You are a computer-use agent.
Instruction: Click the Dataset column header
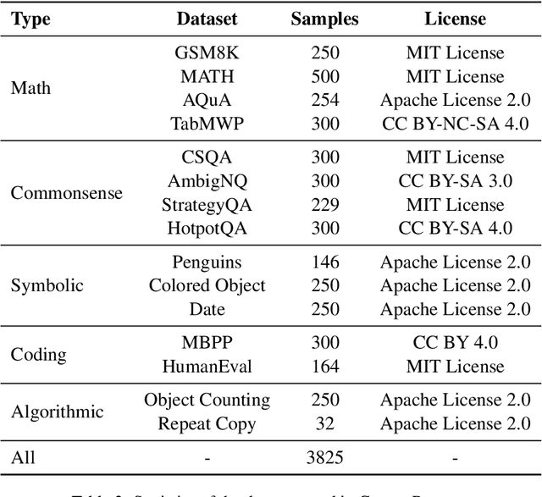click(x=207, y=19)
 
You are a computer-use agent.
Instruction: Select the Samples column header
click(x=324, y=19)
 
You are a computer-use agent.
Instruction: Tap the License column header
click(x=455, y=19)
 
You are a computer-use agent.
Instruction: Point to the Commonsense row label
click(x=67, y=193)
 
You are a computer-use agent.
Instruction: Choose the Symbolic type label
click(x=47, y=285)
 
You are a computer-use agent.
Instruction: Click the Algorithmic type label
click(x=58, y=412)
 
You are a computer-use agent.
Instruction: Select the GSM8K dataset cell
click(x=207, y=52)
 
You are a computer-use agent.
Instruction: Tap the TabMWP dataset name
click(x=207, y=124)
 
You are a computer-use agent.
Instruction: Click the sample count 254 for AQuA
click(x=325, y=100)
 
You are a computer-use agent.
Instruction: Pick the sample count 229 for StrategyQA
click(x=325, y=205)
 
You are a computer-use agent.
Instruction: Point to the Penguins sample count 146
click(x=325, y=262)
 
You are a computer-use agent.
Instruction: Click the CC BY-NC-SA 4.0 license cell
click(x=455, y=124)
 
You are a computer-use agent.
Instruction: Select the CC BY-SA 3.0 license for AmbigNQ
click(x=455, y=181)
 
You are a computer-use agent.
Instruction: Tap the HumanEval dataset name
click(x=207, y=367)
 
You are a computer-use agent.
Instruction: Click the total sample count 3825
click(x=325, y=459)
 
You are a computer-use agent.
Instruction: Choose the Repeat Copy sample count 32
click(x=325, y=423)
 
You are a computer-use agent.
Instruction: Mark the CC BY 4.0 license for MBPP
click(x=455, y=344)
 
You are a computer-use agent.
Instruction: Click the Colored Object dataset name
click(x=207, y=286)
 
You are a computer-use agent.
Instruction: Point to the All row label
click(x=23, y=459)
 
